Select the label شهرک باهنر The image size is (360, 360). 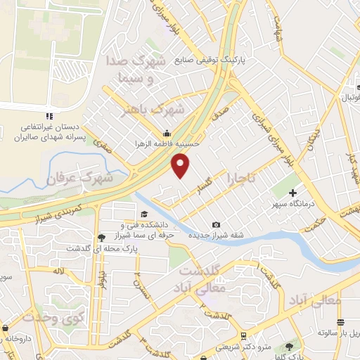click(153, 110)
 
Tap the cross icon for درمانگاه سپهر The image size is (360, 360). click(293, 192)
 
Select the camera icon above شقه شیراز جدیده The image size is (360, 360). click(216, 224)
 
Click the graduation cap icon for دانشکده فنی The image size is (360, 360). click(143, 214)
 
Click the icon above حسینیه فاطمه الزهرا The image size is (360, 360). click(167, 134)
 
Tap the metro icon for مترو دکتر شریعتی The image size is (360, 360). click(243, 335)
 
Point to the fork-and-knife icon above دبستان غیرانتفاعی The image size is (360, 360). click(49, 115)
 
